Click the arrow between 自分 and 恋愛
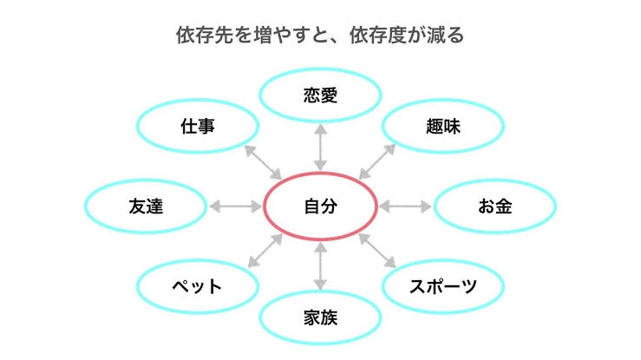click(x=321, y=147)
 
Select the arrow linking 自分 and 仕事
click(x=263, y=162)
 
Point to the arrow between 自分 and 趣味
click(x=377, y=161)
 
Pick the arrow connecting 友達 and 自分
click(x=235, y=206)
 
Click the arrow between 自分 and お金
click(x=405, y=206)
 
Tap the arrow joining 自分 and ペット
click(x=265, y=251)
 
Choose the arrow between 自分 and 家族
click(x=321, y=266)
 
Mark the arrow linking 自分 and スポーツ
click(x=377, y=251)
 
